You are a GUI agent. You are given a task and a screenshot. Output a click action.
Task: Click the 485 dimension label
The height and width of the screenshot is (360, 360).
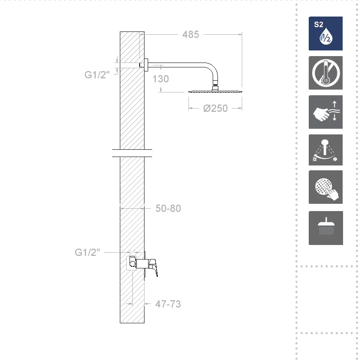(190, 35)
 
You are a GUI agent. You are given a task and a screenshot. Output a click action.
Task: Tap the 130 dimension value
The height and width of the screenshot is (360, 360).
(161, 79)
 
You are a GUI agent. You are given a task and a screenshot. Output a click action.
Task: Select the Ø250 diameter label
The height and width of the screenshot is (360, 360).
(216, 109)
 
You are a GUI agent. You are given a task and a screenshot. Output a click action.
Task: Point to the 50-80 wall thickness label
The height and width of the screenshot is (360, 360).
(168, 209)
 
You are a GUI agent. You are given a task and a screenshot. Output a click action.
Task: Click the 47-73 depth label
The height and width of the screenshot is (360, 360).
(168, 304)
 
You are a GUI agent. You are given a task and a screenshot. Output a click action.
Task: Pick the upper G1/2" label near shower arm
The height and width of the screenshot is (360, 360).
(97, 75)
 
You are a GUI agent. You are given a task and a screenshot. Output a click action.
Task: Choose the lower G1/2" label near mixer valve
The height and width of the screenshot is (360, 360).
(88, 252)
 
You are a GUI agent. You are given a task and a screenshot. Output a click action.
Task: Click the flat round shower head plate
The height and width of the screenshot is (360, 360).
(215, 92)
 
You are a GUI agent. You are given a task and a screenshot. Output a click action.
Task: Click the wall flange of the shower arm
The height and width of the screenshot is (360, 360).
(146, 65)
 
